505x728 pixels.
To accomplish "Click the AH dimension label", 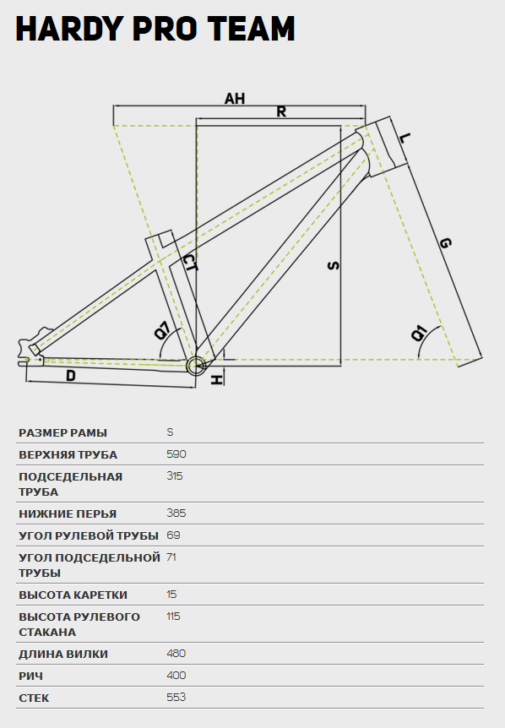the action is [235, 99].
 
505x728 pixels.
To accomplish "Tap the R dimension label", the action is [281, 111].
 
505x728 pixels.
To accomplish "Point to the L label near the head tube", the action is [405, 138].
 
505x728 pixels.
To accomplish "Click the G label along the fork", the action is [445, 242].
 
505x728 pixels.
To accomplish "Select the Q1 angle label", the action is [419, 333].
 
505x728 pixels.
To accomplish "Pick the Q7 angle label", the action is [162, 330].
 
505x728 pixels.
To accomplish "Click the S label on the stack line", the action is [334, 265].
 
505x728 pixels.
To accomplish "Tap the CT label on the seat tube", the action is [190, 263].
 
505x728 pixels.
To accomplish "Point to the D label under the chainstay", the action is [71, 376].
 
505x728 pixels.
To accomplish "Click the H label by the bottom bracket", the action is [216, 380].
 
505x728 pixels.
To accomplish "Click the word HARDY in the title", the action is [68, 29].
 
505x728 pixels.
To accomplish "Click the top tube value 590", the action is [176, 454].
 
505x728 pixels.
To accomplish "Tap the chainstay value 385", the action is [176, 513].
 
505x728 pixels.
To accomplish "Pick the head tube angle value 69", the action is [173, 535].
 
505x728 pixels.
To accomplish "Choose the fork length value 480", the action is [176, 654].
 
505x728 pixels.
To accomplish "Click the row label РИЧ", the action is [30, 676].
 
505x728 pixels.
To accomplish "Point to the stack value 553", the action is [176, 698].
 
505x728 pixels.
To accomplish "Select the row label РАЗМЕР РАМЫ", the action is [62, 432].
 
